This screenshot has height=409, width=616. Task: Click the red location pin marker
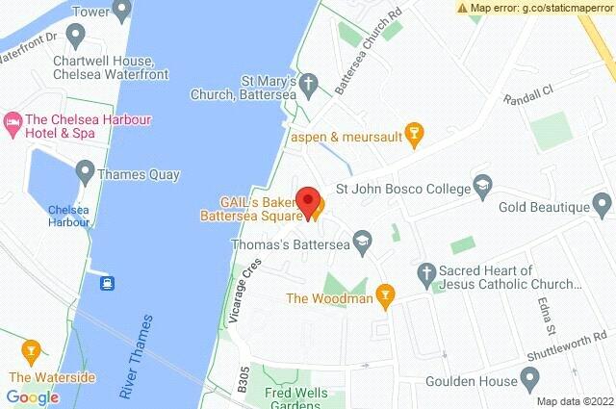click(308, 200)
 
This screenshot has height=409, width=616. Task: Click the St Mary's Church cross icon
click(310, 84)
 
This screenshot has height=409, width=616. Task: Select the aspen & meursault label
click(346, 135)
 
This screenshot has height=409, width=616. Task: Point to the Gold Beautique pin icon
click(603, 205)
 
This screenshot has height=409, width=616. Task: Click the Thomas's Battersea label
click(294, 245)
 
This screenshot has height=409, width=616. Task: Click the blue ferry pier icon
click(107, 282)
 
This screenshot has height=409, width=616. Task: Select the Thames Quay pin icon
click(84, 175)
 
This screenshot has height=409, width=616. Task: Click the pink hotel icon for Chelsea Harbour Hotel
click(13, 120)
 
